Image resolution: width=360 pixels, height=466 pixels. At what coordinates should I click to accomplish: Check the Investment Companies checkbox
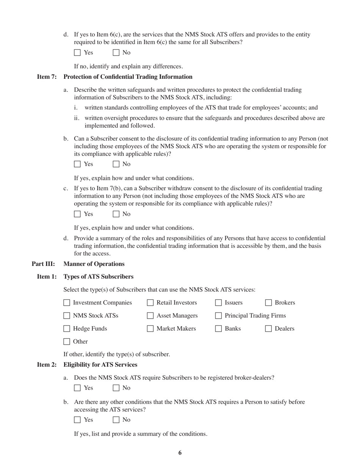tap(67, 303)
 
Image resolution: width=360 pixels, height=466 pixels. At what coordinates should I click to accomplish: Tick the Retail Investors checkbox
tap(150, 303)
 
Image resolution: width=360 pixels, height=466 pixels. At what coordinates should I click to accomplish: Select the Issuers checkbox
tap(219, 303)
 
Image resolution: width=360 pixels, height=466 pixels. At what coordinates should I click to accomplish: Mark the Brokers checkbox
tap(269, 303)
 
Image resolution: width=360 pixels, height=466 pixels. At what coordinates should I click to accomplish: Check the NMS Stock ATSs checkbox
tap(67, 316)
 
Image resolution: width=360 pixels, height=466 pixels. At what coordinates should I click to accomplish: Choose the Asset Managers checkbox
tap(150, 316)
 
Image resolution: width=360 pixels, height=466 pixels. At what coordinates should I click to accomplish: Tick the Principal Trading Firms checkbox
tap(219, 316)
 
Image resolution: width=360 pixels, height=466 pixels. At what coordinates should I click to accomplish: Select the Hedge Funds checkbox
tap(67, 329)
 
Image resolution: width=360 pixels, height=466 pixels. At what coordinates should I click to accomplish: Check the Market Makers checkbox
tap(150, 329)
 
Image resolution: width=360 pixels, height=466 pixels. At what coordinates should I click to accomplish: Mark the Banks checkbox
tap(219, 329)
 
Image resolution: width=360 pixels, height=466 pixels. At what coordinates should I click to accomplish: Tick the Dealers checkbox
tap(269, 329)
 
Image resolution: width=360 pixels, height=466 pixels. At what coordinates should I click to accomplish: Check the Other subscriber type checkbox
tap(67, 342)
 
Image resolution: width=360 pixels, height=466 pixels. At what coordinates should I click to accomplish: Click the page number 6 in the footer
tap(180, 453)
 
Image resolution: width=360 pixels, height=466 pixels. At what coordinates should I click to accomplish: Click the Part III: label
tap(43, 264)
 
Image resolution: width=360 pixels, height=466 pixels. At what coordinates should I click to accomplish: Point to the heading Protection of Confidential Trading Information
tap(128, 77)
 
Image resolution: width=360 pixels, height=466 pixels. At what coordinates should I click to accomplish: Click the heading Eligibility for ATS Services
tap(100, 365)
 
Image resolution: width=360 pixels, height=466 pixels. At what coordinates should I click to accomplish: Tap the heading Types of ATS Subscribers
tap(98, 277)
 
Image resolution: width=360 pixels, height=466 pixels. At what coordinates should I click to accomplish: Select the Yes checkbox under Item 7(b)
tap(77, 164)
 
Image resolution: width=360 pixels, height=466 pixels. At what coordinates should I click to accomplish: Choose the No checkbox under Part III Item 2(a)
tap(116, 388)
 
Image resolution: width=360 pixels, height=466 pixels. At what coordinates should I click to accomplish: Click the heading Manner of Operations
tap(94, 264)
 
